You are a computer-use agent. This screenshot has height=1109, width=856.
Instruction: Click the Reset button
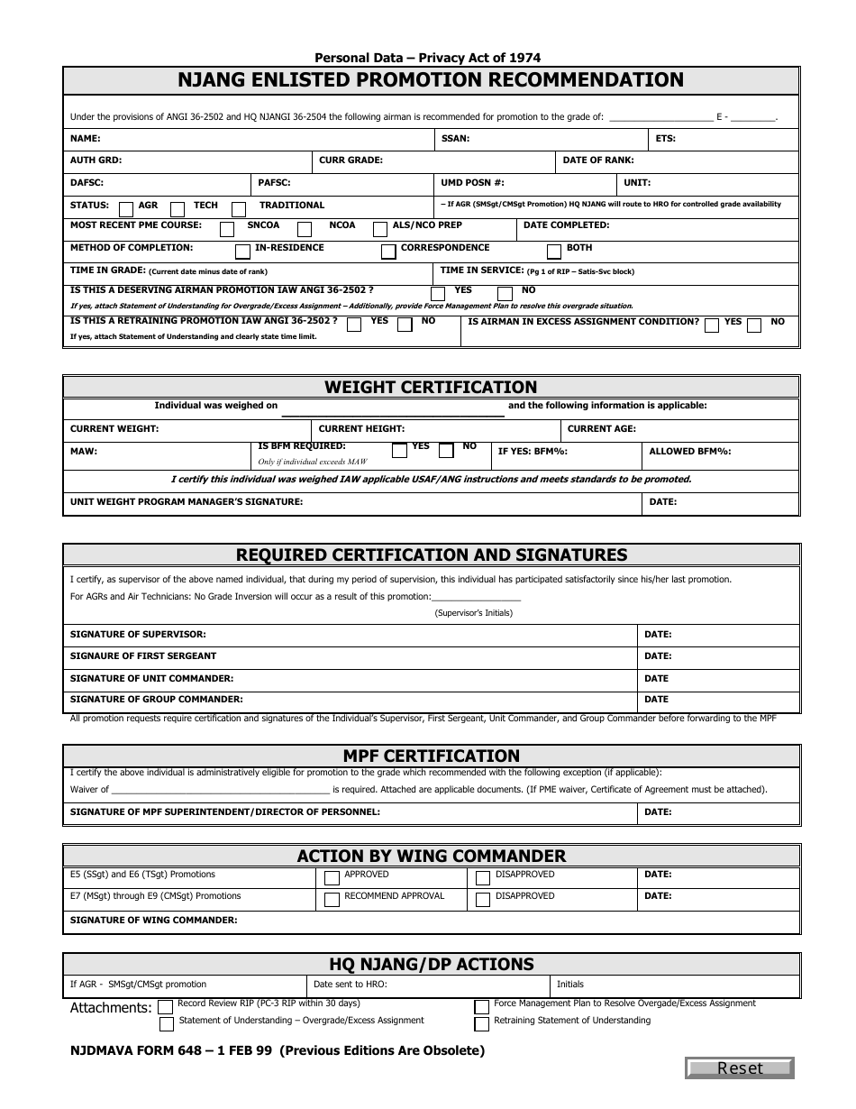coord(740,1068)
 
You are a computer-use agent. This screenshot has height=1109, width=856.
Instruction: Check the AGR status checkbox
coord(127,208)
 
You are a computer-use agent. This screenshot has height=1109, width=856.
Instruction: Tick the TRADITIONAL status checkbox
coord(239,208)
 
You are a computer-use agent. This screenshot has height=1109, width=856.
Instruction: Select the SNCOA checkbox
coord(227,229)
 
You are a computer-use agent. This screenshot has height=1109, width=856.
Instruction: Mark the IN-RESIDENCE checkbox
coord(242,252)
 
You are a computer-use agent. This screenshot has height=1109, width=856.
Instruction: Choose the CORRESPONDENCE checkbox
coord(388,252)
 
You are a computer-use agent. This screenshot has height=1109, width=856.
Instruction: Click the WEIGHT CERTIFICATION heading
coord(431,387)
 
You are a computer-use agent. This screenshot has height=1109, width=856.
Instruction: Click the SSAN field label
coord(454,139)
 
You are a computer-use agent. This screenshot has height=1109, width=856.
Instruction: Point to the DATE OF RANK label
coord(598,160)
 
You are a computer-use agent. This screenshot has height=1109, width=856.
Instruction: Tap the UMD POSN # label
coord(472,182)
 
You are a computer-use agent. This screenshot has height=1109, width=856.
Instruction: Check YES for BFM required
coord(399,449)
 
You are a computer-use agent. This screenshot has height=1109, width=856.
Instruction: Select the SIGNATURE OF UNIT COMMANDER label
coord(151,678)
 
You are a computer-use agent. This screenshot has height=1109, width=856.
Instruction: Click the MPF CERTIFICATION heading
coord(431,756)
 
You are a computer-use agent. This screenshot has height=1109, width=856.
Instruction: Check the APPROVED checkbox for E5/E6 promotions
coord(332,877)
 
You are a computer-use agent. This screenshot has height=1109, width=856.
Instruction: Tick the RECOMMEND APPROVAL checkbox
coord(332,899)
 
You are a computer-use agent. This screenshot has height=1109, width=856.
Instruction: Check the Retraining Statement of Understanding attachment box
coord(482,1023)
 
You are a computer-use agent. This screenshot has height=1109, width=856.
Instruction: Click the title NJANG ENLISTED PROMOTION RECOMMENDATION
coord(431,80)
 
